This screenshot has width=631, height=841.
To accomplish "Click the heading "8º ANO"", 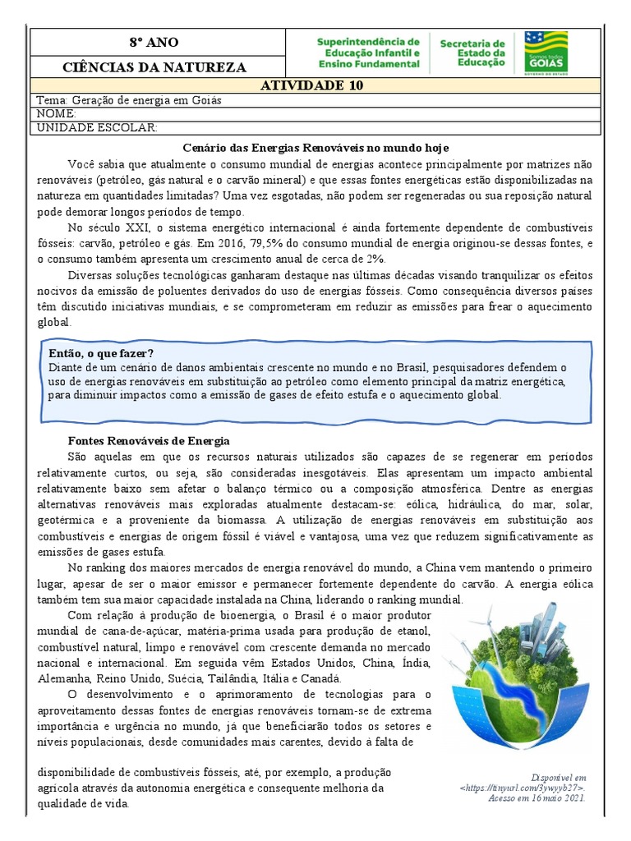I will pos(153,43).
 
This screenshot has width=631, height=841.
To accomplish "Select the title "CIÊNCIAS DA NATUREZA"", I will pos(153,67).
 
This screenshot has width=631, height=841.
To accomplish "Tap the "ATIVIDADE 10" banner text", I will pos(311,85).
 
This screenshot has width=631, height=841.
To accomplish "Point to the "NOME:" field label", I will pos(57,113).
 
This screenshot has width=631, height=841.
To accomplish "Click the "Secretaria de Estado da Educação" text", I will pos(472,53).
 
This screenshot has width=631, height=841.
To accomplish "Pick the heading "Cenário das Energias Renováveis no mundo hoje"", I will pos(315,148).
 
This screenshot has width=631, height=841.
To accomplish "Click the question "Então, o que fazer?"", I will pos(102,353).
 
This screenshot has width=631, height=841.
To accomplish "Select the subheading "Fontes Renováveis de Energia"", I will pos(148,441).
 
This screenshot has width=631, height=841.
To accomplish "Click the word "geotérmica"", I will pos(66,520).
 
